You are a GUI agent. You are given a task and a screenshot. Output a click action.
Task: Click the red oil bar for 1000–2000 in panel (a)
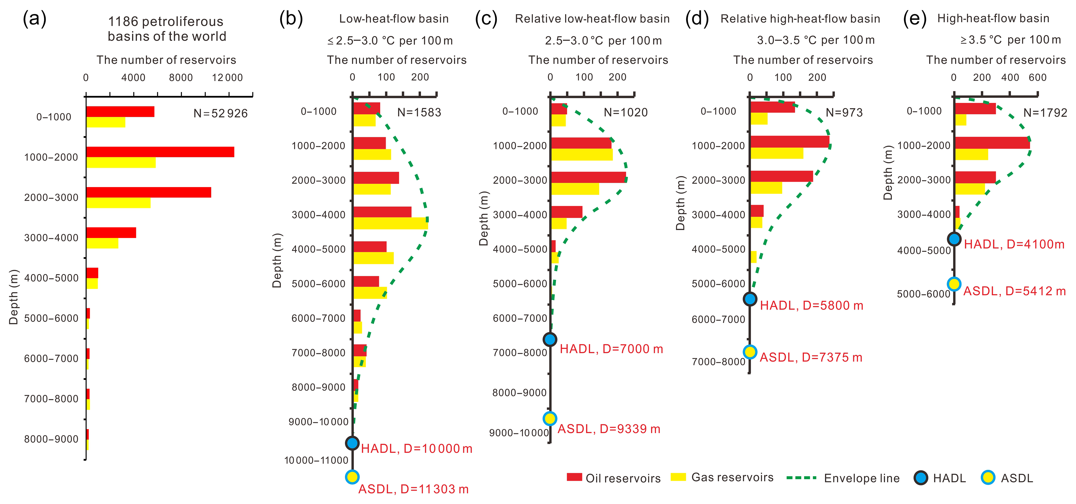click(160, 152)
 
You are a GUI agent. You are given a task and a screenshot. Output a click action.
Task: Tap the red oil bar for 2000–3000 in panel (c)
click(588, 177)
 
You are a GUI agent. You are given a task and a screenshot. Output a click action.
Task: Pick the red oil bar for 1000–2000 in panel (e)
click(992, 143)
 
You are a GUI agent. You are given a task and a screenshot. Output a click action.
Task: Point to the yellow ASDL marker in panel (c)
click(550, 418)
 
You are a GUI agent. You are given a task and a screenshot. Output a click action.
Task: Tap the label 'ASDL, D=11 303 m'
click(414, 489)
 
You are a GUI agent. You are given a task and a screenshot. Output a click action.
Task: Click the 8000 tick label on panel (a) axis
click(180, 78)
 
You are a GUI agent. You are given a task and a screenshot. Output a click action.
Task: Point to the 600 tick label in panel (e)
click(1038, 78)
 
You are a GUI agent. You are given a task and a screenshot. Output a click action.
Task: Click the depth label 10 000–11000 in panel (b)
click(316, 460)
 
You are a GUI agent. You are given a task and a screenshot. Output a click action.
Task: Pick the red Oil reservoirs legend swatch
click(574, 477)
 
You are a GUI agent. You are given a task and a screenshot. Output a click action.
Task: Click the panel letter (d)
click(697, 19)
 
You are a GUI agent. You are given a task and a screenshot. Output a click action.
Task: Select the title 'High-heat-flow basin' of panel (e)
click(993, 18)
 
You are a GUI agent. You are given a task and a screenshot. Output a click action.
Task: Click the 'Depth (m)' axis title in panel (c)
click(484, 219)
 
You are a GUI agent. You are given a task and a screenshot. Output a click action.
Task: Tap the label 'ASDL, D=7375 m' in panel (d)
click(811, 358)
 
